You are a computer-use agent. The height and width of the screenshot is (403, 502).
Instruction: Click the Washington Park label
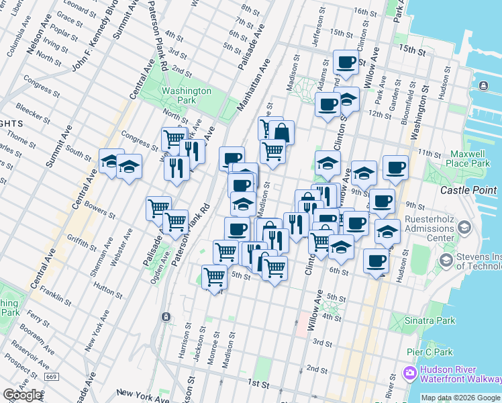click(x=187, y=95)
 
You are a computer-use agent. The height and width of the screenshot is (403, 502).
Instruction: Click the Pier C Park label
click(x=430, y=352)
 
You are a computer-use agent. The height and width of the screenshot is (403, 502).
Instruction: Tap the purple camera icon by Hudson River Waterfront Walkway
click(x=409, y=371)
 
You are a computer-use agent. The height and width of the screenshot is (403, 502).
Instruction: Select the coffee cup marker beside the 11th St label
click(x=395, y=167)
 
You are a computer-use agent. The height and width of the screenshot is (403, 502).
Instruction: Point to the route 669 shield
click(x=51, y=377)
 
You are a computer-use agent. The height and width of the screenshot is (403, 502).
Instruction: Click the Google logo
click(x=23, y=395)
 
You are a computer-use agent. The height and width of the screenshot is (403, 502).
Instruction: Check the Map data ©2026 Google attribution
click(x=460, y=398)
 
